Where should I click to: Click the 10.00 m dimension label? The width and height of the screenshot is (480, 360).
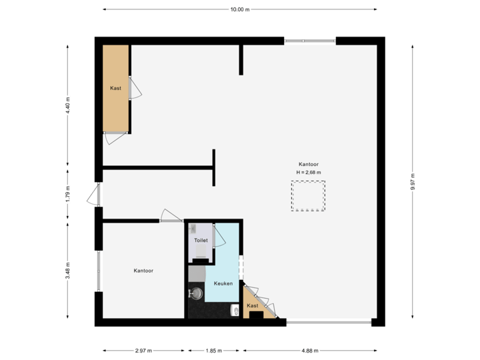coord(239,9)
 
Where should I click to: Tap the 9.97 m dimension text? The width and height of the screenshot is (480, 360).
coord(413,181)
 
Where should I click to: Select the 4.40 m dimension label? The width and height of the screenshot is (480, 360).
coord(68,105)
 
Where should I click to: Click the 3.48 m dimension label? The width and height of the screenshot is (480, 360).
coord(68,271)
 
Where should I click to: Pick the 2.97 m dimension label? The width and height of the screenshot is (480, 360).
coord(143,350)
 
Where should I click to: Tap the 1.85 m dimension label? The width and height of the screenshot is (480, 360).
coord(214,350)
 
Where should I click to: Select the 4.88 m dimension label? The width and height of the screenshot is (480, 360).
coord(310,350)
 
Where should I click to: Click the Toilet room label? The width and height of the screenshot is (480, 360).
coord(201,240)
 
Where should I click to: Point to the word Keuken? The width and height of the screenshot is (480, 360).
coord(223,283)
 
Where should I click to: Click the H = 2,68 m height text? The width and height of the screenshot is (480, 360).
coord(309,173)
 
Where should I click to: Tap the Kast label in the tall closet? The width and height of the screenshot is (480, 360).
coord(115,88)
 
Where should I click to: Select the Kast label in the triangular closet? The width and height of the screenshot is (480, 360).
coord(253,306)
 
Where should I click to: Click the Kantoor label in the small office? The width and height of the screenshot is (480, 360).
coord(143,271)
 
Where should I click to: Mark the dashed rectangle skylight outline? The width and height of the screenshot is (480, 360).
coord(308,198)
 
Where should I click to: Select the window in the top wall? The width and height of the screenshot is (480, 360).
coord(310,41)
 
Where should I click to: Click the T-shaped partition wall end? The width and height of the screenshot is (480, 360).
coord(214,167)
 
